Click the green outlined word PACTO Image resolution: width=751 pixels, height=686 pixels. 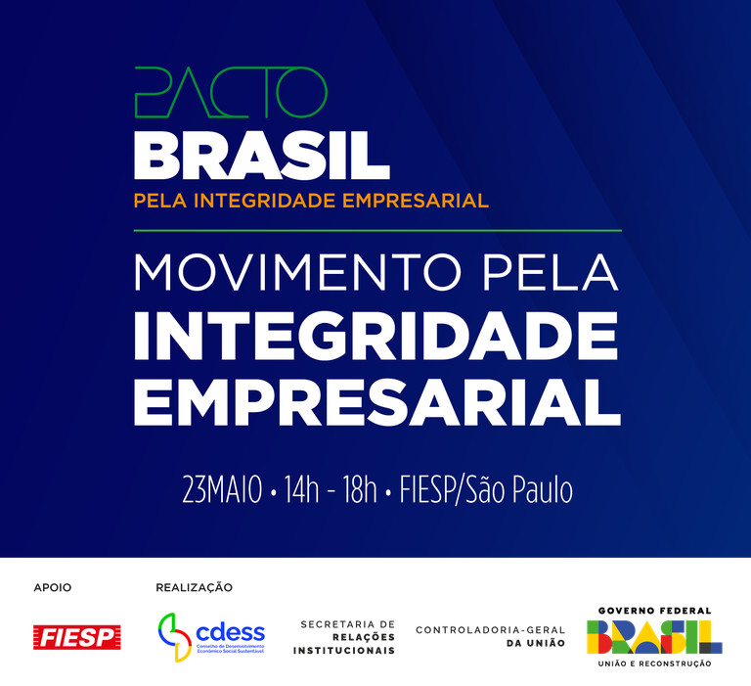230,93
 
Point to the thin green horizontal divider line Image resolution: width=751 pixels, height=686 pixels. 376,230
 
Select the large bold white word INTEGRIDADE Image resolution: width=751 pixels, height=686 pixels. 376,339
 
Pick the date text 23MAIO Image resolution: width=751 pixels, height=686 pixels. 222,490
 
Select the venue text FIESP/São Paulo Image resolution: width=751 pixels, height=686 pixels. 486,490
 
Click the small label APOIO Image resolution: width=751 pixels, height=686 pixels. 53,587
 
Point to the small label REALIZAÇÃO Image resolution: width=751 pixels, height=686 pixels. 194,587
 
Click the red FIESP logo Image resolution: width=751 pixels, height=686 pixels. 76,637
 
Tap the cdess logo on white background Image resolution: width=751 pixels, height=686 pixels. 211,637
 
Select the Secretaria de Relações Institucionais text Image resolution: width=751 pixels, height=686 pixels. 347,637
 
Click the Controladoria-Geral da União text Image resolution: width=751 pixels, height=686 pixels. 491,636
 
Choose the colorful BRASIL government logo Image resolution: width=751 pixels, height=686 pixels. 654,637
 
